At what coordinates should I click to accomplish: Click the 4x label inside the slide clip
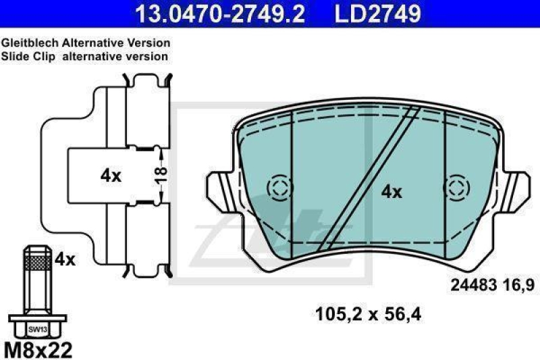111,176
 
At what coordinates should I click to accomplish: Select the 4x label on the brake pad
391,192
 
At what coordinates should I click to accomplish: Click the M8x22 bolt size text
38,350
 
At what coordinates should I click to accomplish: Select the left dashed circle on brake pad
277,188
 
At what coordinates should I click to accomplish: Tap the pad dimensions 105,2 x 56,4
368,313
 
